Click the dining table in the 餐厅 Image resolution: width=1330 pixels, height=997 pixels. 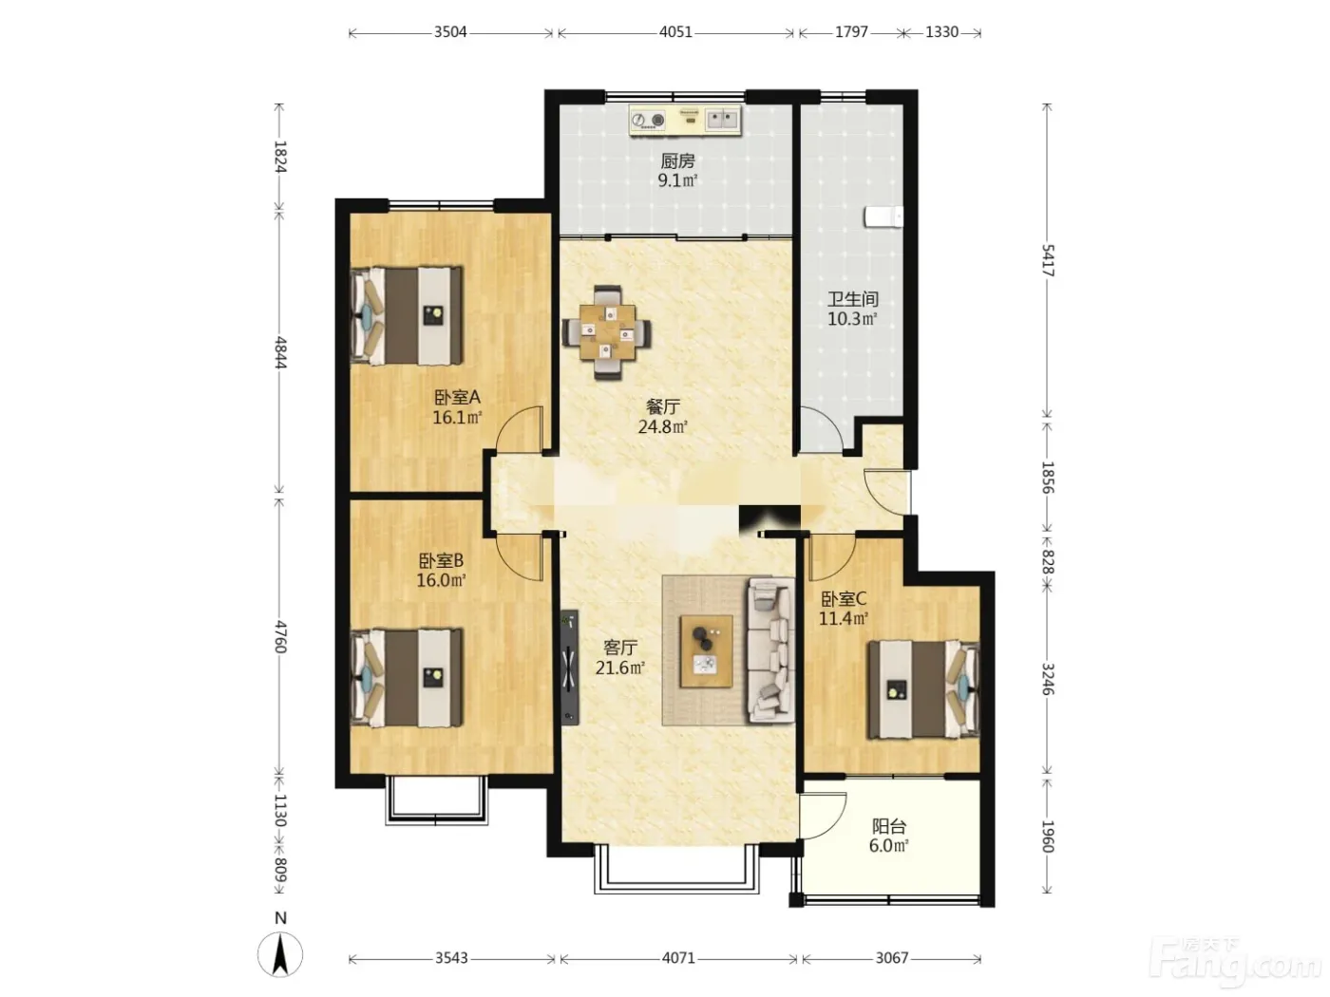(607, 332)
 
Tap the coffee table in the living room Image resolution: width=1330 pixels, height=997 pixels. (706, 651)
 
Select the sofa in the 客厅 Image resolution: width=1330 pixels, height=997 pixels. (770, 650)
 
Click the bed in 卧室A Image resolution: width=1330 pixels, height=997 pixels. (407, 316)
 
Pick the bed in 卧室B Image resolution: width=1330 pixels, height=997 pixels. (407, 677)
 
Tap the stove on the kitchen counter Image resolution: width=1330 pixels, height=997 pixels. (647, 120)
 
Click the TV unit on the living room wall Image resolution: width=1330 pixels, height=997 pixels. (570, 668)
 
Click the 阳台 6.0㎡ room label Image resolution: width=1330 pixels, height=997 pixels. (889, 836)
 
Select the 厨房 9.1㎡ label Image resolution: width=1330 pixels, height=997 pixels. (677, 171)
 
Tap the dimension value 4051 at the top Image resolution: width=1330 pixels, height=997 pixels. (675, 32)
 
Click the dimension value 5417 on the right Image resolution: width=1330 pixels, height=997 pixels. (1048, 260)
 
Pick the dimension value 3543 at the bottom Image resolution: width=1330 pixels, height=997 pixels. (451, 958)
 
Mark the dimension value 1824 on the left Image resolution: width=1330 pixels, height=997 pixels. (280, 157)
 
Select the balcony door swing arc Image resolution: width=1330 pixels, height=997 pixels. (823, 816)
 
